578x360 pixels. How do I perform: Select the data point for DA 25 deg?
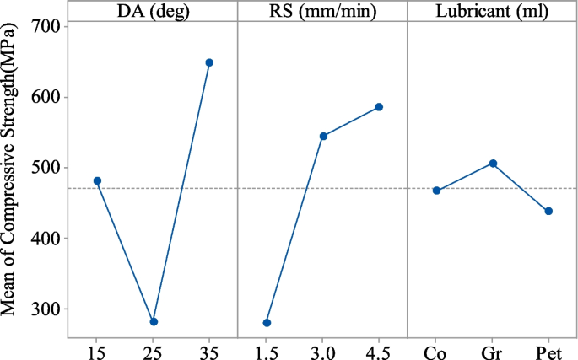tap(154, 322)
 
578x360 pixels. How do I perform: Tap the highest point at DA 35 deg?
tap(209, 62)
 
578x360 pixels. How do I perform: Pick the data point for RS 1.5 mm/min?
tap(267, 323)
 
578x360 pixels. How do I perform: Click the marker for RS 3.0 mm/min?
tap(323, 136)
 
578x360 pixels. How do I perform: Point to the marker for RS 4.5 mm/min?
tap(379, 107)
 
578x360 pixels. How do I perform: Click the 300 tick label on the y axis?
tap(46, 309)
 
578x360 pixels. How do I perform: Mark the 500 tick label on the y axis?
tap(46, 168)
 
